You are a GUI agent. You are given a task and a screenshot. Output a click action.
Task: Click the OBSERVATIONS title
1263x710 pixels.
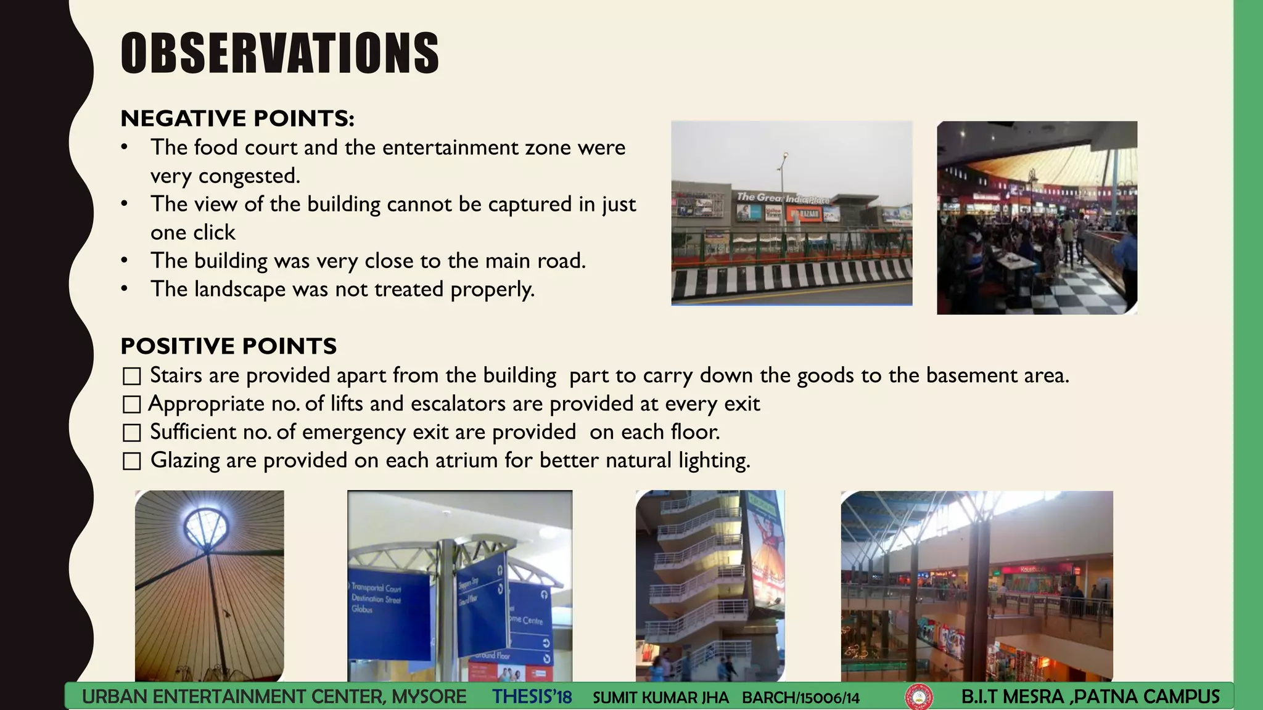pos(280,54)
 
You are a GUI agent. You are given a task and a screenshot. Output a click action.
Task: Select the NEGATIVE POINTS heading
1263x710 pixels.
pos(237,118)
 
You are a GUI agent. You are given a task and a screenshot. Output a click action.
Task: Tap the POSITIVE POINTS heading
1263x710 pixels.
pos(229,346)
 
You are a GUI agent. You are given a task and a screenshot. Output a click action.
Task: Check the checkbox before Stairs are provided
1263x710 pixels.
pos(132,376)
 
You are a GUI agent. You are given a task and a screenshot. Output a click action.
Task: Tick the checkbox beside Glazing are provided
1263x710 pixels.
pos(132,461)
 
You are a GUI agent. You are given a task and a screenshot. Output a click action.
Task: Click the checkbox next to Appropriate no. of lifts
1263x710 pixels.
pos(132,404)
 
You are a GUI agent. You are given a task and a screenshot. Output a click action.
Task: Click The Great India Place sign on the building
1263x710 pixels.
pos(783,198)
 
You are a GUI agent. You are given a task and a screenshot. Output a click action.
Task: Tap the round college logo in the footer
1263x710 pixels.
pos(918,698)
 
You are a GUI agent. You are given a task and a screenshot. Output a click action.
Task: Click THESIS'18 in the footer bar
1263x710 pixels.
pos(532,697)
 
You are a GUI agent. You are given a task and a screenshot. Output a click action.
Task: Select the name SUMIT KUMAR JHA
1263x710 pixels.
pos(660,698)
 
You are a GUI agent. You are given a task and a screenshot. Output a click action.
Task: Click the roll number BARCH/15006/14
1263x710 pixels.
pos(800,698)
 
